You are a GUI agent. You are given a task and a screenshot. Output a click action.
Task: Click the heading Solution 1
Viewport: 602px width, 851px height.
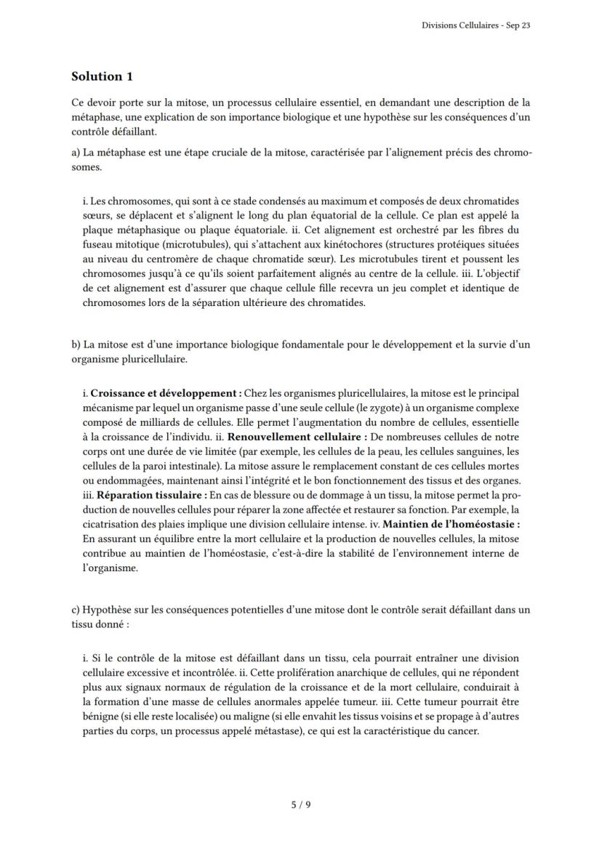(102, 76)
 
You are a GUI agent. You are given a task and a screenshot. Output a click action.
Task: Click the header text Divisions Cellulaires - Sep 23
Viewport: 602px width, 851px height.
(475, 25)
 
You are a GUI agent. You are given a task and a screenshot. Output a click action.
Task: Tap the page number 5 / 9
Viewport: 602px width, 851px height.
(300, 804)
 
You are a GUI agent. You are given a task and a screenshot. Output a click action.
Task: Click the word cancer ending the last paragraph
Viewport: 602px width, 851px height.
(464, 731)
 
